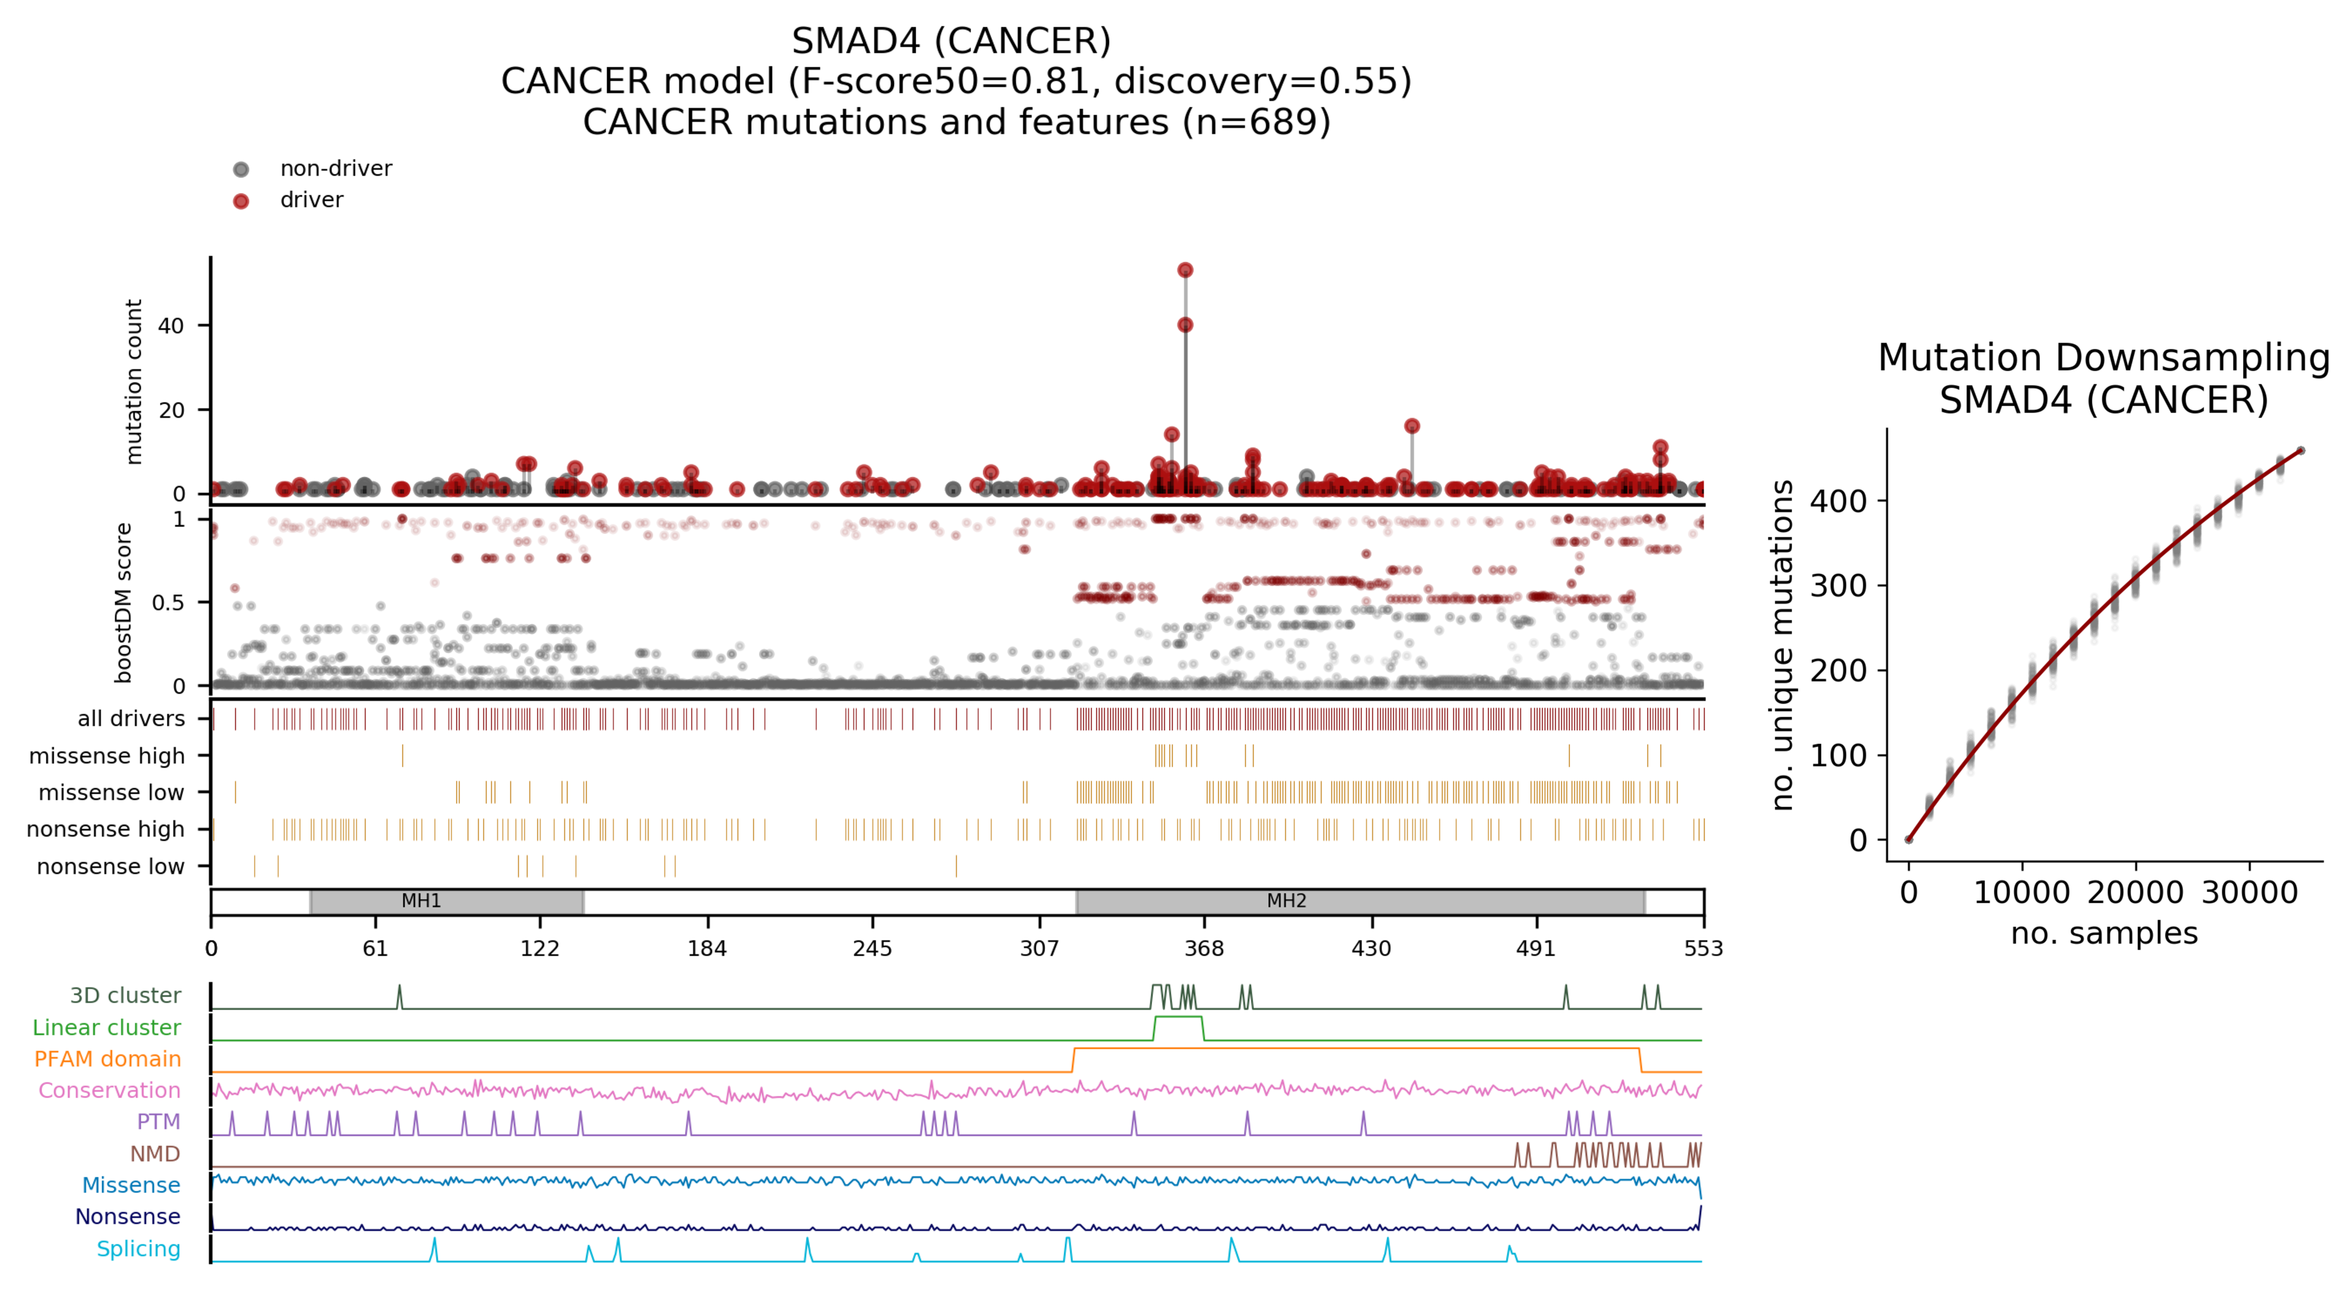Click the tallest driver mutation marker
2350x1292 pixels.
(1185, 270)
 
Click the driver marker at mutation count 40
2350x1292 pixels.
(1185, 325)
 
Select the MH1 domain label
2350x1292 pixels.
(422, 901)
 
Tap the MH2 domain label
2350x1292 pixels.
(1286, 901)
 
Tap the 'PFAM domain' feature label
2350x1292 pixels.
(107, 1059)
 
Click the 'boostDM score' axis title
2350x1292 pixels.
(124, 602)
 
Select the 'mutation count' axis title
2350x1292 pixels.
(134, 381)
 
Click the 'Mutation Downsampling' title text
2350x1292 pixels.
(2104, 358)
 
